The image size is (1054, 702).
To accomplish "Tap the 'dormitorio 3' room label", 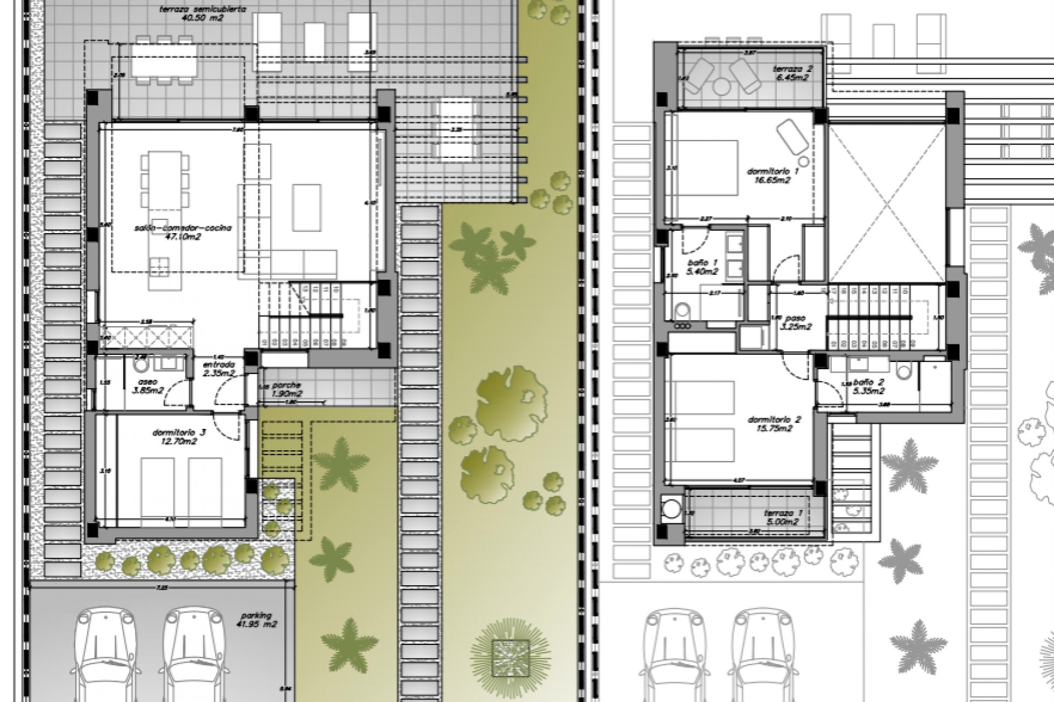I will [x=180, y=437].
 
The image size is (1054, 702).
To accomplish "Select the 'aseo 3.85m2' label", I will [x=148, y=386].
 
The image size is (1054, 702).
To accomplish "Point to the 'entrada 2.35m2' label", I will [x=218, y=369].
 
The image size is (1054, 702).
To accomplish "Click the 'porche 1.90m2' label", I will [x=287, y=389].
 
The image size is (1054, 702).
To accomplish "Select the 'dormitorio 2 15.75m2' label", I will [x=774, y=424].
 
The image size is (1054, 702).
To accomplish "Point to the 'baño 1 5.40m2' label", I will [x=702, y=267].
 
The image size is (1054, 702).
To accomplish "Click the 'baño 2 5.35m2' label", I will [x=869, y=386].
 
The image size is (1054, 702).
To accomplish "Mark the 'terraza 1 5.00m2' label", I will [x=783, y=517].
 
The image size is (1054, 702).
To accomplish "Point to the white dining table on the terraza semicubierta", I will [x=164, y=61].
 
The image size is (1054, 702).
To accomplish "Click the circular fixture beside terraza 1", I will [x=670, y=508].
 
